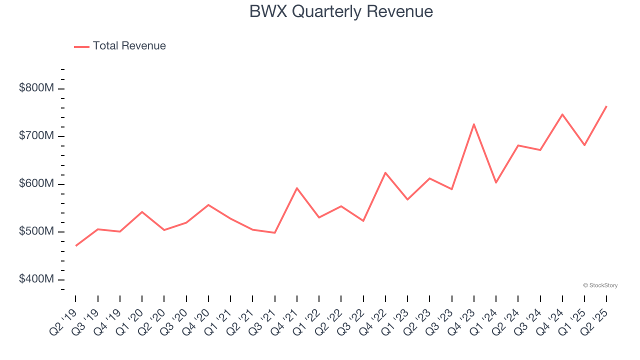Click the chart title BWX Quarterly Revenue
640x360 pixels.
tap(341, 11)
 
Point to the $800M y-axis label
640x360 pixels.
tap(36, 88)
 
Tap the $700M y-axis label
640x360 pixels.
tap(36, 136)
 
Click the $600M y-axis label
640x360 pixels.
tap(36, 184)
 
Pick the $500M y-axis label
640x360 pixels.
tap(36, 231)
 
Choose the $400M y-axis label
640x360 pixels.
tap(36, 279)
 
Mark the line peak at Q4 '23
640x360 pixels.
tap(473, 124)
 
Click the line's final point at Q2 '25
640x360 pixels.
tap(606, 106)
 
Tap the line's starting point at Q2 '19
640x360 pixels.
tap(75, 246)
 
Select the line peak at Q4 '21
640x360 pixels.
tap(297, 188)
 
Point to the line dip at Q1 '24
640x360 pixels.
tap(496, 182)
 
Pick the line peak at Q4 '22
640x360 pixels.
tap(385, 172)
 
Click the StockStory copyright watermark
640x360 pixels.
tap(600, 285)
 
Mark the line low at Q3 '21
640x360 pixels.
tap(274, 232)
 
